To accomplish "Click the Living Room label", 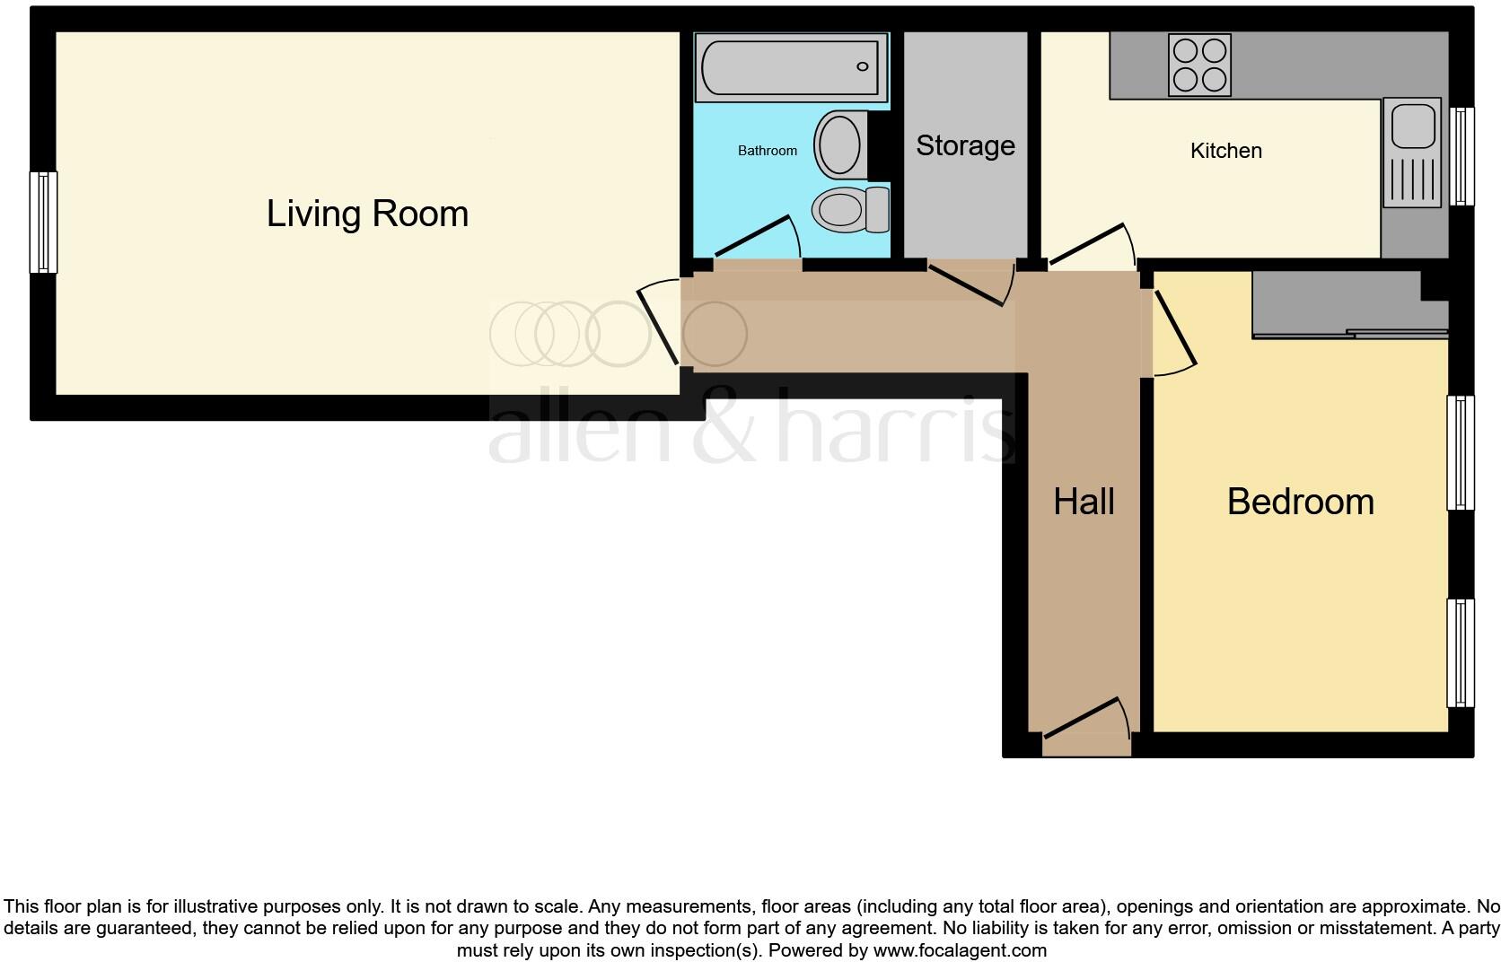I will point(367,214).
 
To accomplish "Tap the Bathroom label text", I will point(768,151).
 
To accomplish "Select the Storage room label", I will point(965,145).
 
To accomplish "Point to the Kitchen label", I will point(1225,151).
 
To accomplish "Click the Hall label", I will point(1084,502).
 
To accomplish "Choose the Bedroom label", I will point(1300,502).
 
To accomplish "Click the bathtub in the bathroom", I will point(790,67).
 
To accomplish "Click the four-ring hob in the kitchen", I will point(1199,65).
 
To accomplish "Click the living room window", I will point(43,222).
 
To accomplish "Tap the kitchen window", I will point(1463,156).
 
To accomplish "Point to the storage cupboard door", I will point(970,283).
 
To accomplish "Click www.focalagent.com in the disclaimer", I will point(959,950).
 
